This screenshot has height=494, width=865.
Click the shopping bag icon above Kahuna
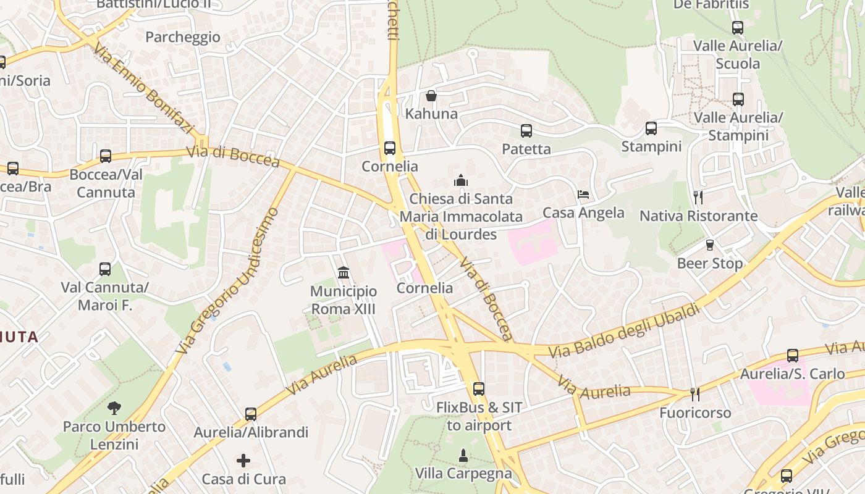pos(431,96)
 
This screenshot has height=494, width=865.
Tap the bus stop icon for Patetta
pos(526,131)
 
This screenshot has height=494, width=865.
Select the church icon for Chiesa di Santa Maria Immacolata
pos(461,180)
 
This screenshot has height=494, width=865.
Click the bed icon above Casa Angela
pos(583,195)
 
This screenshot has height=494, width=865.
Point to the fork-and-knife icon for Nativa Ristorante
pos(698,198)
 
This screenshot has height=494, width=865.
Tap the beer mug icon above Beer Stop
pos(710,245)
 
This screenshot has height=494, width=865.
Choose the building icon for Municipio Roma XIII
pos(344,272)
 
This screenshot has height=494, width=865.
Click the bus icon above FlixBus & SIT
pos(479,389)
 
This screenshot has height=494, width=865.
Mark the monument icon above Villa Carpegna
pos(463,456)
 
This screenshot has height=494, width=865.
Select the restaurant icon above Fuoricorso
pos(695,394)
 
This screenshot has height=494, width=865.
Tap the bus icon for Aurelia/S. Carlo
pos(793,356)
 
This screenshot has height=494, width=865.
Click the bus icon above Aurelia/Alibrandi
pos(251,414)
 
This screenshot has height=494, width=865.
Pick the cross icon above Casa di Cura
pos(244,461)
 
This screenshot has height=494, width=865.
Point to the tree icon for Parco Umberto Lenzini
pos(114,408)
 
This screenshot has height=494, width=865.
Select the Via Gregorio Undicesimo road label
pos(229,281)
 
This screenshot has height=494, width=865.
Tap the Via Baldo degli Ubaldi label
pos(624,330)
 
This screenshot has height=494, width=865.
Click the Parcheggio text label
pos(183,37)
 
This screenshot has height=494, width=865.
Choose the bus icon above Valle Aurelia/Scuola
pos(738,28)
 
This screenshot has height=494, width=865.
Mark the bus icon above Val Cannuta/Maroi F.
pos(105,269)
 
